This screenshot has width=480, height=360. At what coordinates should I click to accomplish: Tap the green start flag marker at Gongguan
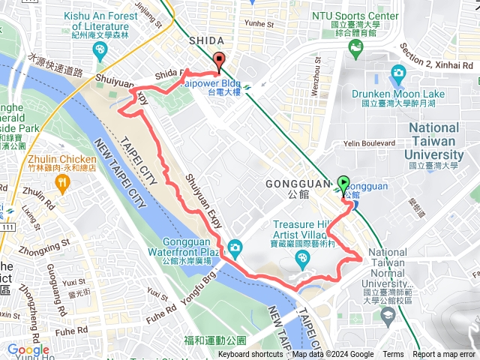pos(343,183)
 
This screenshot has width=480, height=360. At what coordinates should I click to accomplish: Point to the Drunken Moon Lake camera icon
pos(398,73)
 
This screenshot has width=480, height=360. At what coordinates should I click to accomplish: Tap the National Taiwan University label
pos(445,142)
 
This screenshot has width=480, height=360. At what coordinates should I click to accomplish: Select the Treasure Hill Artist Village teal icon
pos(302,259)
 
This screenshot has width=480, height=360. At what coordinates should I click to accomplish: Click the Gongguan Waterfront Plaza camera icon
pos(235,247)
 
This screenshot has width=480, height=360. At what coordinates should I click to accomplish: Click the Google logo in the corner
pos(28,349)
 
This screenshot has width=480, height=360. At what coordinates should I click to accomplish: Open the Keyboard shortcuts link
pos(250,355)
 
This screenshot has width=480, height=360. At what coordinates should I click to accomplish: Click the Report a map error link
pos(444,355)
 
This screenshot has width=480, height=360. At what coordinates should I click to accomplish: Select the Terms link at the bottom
pos(393,355)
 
